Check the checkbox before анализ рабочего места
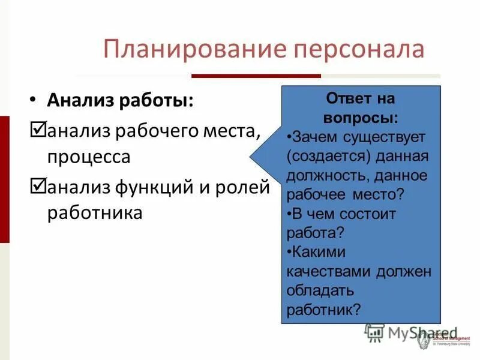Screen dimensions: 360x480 click(x=38, y=128)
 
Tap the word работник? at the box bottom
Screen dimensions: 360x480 click(x=323, y=310)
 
